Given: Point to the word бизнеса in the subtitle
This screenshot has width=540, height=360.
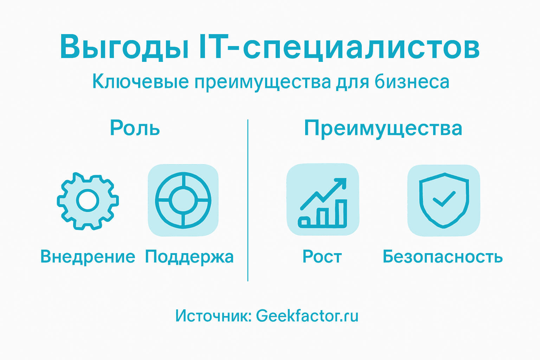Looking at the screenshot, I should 412,82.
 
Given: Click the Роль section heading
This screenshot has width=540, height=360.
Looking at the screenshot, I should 135,128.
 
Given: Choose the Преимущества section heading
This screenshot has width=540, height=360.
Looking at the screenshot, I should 383,129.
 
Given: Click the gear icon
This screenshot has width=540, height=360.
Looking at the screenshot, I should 88,201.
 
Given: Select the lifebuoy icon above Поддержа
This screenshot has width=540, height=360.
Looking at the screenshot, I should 183,200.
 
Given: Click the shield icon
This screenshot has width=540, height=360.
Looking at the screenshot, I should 444,200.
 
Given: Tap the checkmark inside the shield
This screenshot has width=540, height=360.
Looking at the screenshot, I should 444,199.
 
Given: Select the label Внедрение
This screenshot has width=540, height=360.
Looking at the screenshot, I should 88,257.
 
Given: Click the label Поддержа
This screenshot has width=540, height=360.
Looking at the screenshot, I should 189,257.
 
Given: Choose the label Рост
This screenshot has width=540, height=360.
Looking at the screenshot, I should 322,257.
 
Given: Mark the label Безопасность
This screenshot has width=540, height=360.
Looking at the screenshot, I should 443,257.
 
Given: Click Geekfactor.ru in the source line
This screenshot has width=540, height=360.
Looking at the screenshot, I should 307,316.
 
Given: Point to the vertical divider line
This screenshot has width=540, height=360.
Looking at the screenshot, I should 248,200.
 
